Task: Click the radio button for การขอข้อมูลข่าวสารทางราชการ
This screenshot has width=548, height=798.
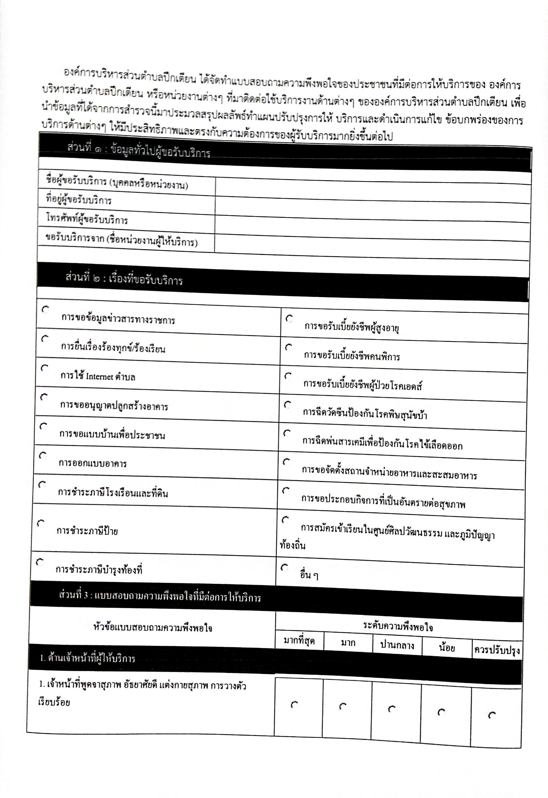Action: pyautogui.click(x=45, y=310)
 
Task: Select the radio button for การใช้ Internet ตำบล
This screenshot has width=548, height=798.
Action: pyautogui.click(x=44, y=368)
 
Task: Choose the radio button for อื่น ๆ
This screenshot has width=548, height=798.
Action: pyautogui.click(x=284, y=568)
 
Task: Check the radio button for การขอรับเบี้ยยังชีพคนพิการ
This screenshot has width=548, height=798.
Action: pyautogui.click(x=289, y=347)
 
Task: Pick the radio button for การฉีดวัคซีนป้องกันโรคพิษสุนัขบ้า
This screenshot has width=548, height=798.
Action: pyautogui.click(x=287, y=404)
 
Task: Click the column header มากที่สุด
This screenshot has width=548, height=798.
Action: pyautogui.click(x=299, y=641)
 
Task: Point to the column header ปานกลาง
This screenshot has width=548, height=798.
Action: pyautogui.click(x=397, y=646)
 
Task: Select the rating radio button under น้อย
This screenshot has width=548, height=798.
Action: pyautogui.click(x=441, y=712)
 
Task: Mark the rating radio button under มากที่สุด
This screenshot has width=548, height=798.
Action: pyautogui.click(x=294, y=705)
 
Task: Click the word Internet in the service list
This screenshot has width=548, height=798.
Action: pyautogui.click(x=99, y=376)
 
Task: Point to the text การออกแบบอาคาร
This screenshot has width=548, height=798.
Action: pyautogui.click(x=93, y=463)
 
